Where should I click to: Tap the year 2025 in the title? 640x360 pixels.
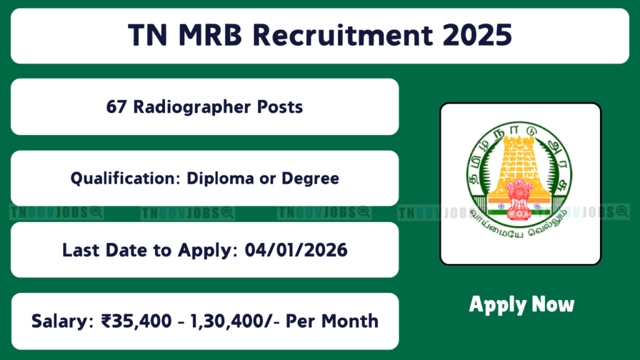pyautogui.click(x=477, y=35)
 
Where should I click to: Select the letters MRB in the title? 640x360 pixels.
pyautogui.click(x=210, y=35)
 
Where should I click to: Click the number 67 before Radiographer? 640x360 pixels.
pyautogui.click(x=116, y=107)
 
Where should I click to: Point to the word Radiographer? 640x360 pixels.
pyautogui.click(x=191, y=107)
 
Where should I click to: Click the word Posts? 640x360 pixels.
pyautogui.click(x=280, y=107)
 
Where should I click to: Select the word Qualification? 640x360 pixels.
pyautogui.click(x=125, y=178)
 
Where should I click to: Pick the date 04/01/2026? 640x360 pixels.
pyautogui.click(x=296, y=250)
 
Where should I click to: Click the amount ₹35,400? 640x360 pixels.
pyautogui.click(x=137, y=321)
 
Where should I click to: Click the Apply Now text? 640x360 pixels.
pyautogui.click(x=522, y=305)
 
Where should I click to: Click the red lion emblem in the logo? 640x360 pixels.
pyautogui.click(x=519, y=198)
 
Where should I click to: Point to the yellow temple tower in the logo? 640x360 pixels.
pyautogui.click(x=518, y=163)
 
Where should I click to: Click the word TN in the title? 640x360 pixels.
pyautogui.click(x=147, y=35)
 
